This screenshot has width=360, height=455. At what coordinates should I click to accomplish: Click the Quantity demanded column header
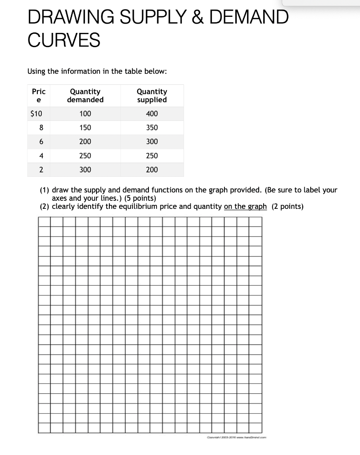[x=85, y=96]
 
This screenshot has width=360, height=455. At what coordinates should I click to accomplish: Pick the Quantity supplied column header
[x=152, y=96]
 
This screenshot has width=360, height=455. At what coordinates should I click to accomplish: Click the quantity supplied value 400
[x=152, y=114]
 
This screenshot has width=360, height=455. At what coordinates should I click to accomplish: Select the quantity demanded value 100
[x=85, y=114]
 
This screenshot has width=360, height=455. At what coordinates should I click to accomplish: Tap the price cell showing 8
[x=41, y=128]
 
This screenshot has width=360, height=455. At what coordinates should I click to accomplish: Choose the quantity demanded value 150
[x=85, y=128]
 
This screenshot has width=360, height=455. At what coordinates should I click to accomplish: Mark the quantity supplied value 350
[x=152, y=128]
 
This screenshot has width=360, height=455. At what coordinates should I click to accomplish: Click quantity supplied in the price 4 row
[x=152, y=156]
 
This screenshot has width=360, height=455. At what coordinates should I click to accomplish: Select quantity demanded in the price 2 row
[x=85, y=169]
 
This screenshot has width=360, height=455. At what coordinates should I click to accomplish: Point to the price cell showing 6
[x=41, y=141]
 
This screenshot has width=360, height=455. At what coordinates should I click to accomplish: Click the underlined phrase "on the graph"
[x=245, y=206]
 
